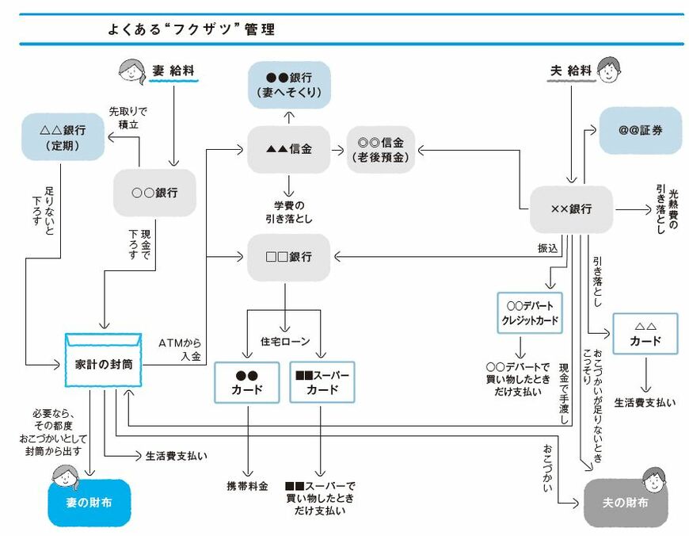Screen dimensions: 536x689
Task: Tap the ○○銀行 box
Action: pyautogui.click(x=154, y=193)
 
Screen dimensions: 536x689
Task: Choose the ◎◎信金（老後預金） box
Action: pyautogui.click(x=381, y=150)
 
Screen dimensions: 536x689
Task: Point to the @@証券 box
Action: pyautogui.click(x=640, y=130)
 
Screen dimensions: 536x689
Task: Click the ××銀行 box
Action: pyautogui.click(x=570, y=209)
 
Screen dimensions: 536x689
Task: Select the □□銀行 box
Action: pyautogui.click(x=288, y=257)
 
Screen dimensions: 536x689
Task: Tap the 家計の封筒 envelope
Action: pyautogui.click(x=103, y=361)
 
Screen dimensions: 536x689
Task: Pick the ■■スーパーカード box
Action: pyautogui.click(x=322, y=382)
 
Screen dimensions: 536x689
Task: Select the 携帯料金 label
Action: pyautogui.click(x=247, y=484)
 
